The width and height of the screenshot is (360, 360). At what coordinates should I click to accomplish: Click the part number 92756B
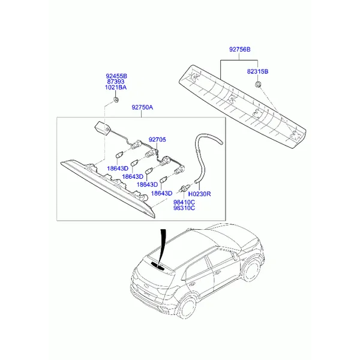pyautogui.click(x=239, y=49)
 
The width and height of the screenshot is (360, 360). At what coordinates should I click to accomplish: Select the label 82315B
pyautogui.click(x=257, y=71)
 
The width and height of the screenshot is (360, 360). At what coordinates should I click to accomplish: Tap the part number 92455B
pyautogui.click(x=116, y=76)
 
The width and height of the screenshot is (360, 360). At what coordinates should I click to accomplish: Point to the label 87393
pyautogui.click(x=116, y=82)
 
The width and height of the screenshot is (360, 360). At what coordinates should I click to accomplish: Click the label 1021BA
pyautogui.click(x=116, y=88)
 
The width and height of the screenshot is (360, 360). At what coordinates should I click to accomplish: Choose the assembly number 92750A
pyautogui.click(x=142, y=107)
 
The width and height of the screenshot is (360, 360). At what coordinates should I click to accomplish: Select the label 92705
pyautogui.click(x=157, y=139)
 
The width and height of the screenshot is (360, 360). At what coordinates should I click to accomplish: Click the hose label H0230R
pyautogui.click(x=199, y=194)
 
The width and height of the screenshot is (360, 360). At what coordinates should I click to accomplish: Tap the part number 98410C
pyautogui.click(x=184, y=202)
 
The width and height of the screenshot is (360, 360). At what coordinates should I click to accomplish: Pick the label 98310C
pyautogui.click(x=184, y=208)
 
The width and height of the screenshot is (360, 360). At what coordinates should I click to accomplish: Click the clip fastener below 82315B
pyautogui.click(x=258, y=84)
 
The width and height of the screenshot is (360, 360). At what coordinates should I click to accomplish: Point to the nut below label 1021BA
pyautogui.click(x=116, y=100)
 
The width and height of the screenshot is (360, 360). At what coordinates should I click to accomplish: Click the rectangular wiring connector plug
pyautogui.click(x=100, y=127)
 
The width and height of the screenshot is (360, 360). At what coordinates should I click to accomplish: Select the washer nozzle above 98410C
pyautogui.click(x=184, y=188)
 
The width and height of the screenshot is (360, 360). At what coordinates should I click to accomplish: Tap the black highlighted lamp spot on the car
pyautogui.click(x=158, y=265)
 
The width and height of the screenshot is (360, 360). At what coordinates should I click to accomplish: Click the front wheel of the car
pyautogui.click(x=251, y=270)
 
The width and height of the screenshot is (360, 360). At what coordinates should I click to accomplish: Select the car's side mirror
pyautogui.click(x=235, y=256)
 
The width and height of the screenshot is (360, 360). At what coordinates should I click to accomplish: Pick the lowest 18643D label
pyautogui.click(x=161, y=193)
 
